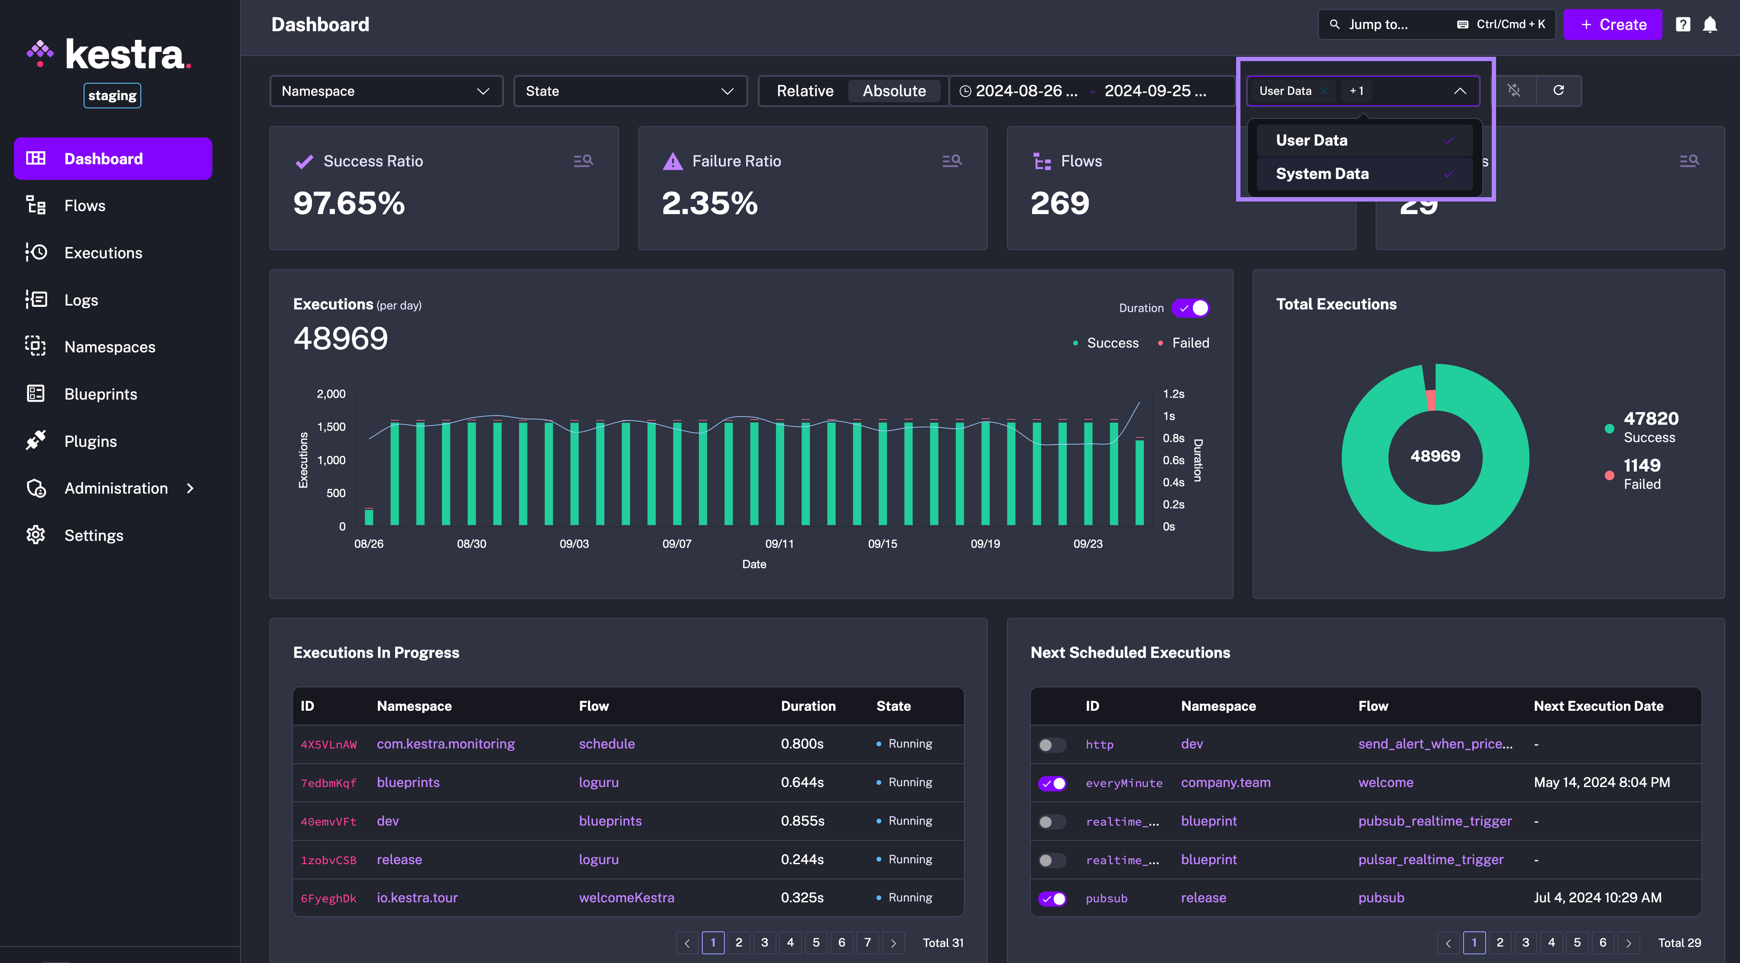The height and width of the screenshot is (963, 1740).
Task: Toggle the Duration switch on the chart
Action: click(1191, 308)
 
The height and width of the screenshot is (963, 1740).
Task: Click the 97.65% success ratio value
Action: click(349, 203)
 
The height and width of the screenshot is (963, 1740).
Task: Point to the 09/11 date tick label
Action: click(779, 544)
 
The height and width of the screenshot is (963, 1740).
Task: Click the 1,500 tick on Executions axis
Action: click(331, 427)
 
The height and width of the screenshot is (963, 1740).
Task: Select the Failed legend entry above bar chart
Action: click(1190, 343)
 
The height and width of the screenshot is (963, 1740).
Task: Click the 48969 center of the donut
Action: click(1435, 456)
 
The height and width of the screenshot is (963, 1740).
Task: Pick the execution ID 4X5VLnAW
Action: click(328, 745)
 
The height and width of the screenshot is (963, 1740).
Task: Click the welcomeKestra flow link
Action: click(626, 898)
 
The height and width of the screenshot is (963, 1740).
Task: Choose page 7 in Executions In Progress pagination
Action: click(867, 942)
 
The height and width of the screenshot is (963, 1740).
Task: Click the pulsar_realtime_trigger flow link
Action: click(1431, 859)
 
